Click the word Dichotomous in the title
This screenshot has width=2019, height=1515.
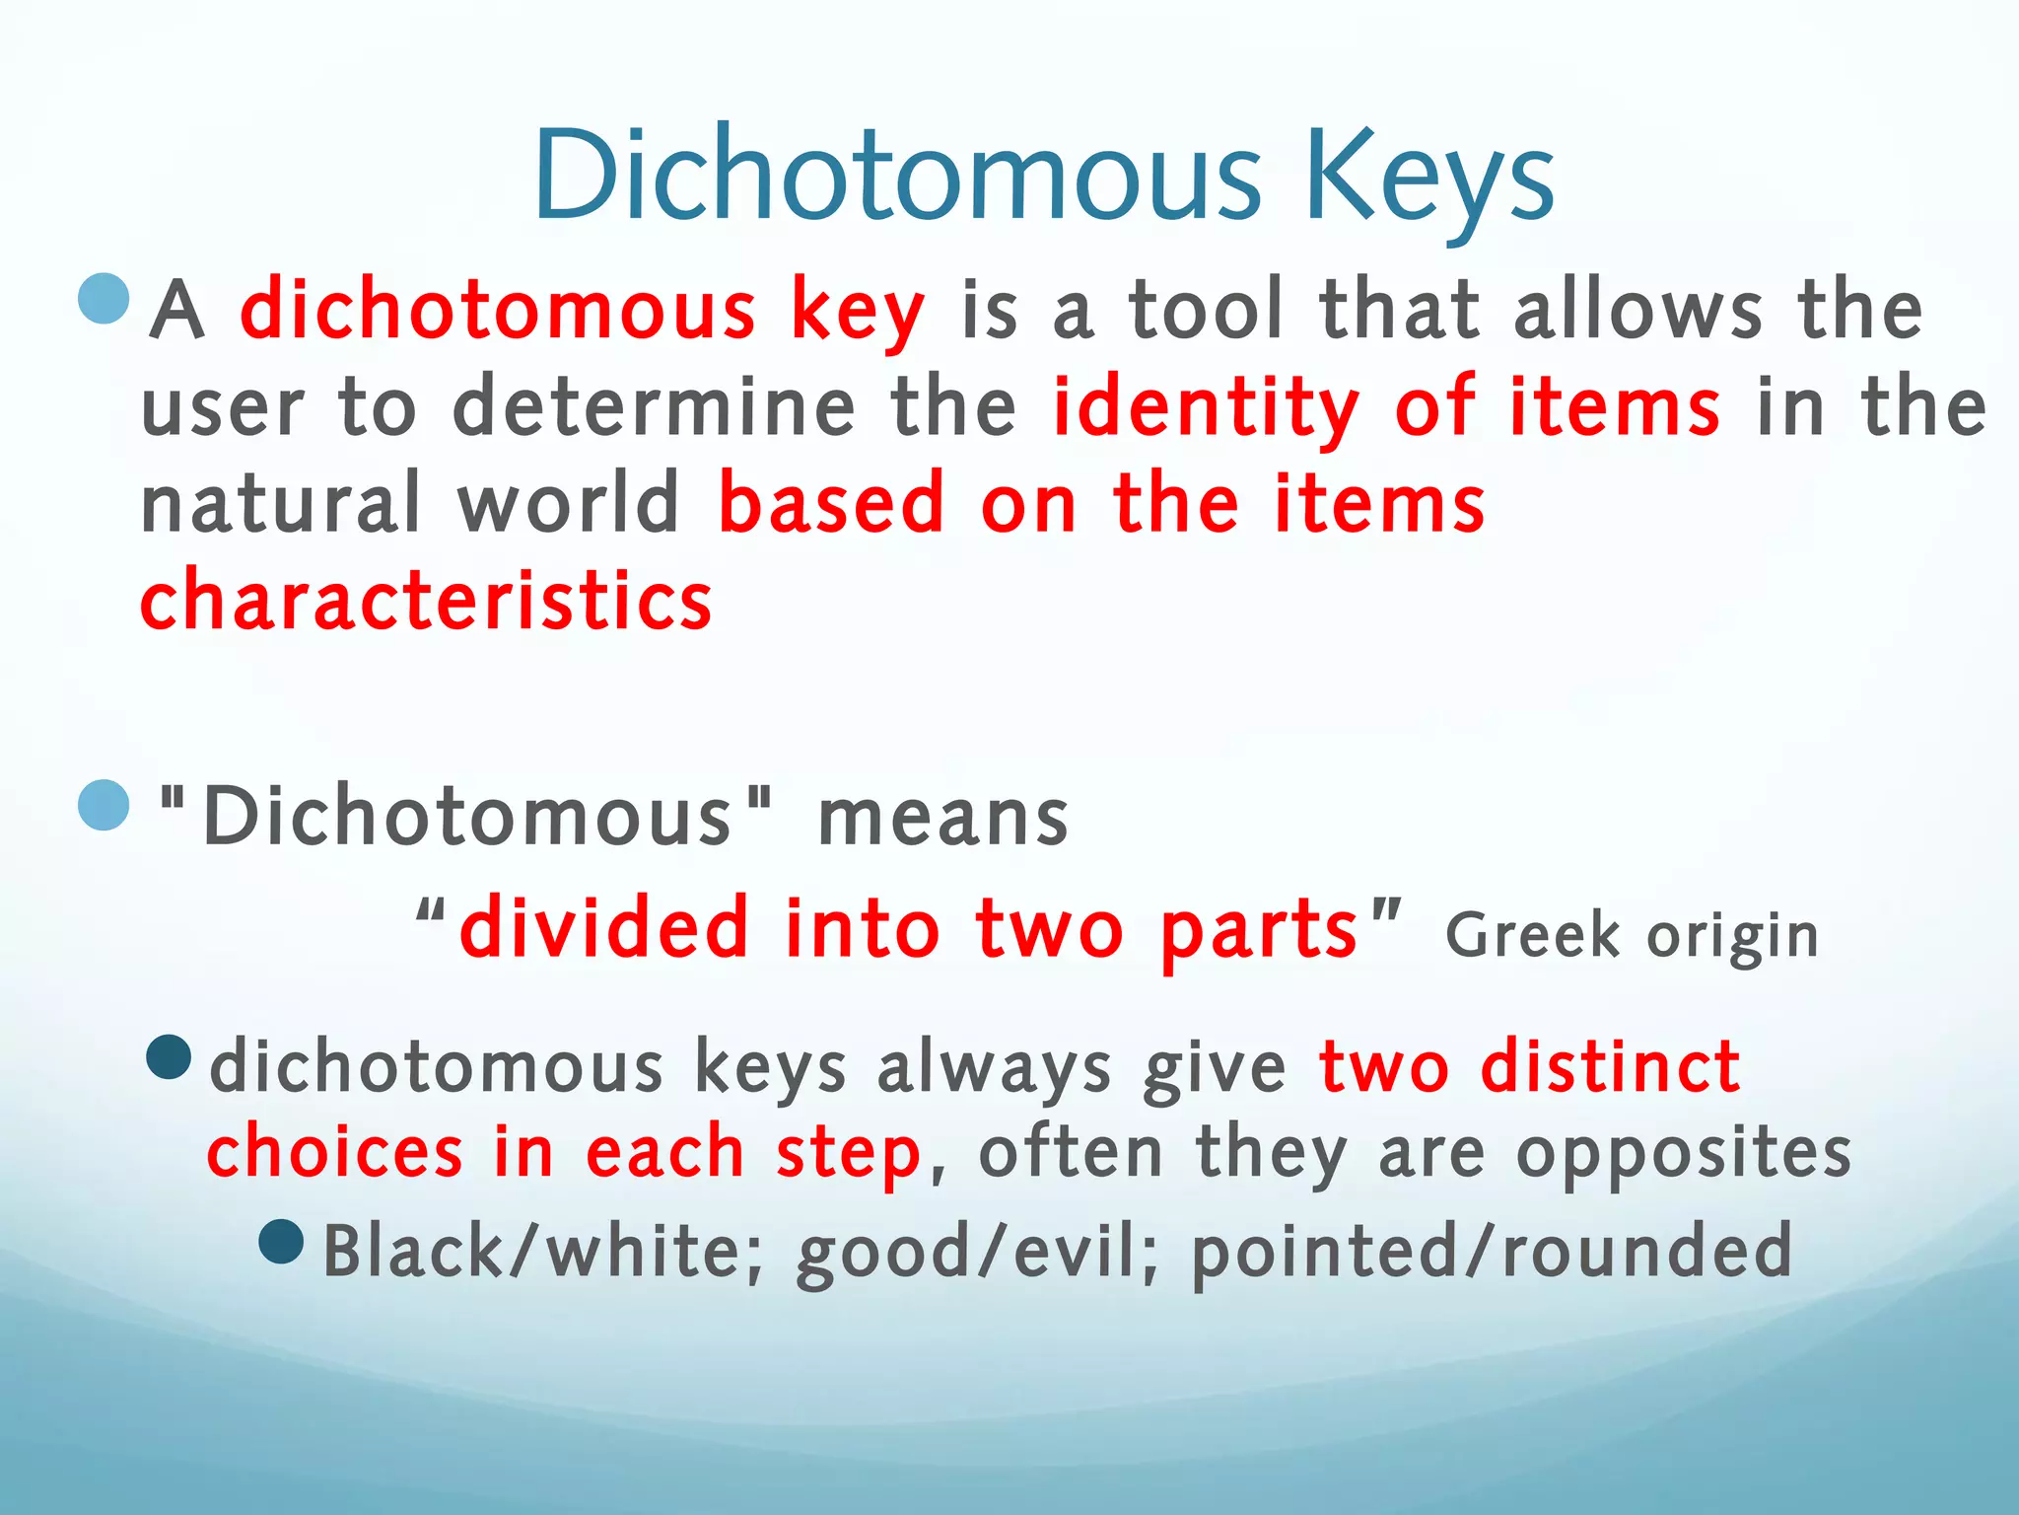coord(897,176)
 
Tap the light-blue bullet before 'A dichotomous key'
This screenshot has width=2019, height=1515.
coord(104,298)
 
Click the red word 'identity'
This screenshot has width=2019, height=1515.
coord(1206,408)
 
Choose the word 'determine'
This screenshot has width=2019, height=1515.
coord(653,406)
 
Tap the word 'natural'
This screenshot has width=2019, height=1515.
coord(281,503)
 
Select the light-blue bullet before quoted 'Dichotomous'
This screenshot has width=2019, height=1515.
coord(104,805)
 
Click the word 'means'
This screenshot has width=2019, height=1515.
coord(943,819)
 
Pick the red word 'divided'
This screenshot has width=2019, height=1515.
coord(604,929)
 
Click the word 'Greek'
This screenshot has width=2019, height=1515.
coord(1532,935)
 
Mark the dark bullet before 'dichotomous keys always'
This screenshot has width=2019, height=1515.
coord(168,1057)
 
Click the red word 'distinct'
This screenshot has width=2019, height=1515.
coord(1610,1067)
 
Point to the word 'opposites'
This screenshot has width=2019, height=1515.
coord(1684,1154)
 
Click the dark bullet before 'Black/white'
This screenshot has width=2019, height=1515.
coord(281,1242)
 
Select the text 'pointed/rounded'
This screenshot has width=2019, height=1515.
coord(1492,1251)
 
